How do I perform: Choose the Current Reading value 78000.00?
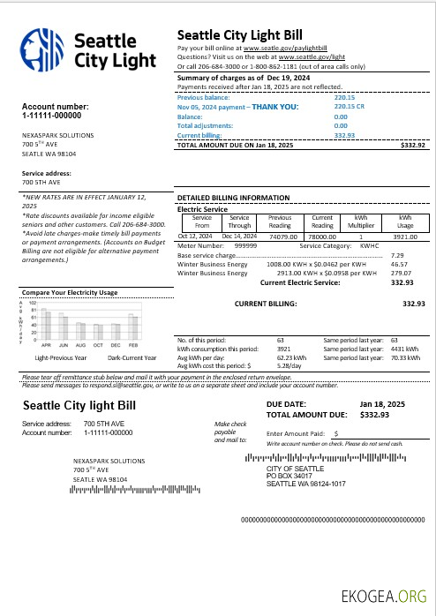point(322,236)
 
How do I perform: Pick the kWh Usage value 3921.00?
point(405,236)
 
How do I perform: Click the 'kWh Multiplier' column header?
point(361,220)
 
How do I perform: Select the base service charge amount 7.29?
point(397,254)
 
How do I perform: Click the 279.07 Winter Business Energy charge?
point(402,273)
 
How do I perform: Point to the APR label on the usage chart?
point(46,344)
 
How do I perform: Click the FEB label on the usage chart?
point(134,344)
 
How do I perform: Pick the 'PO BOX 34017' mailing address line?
point(291,477)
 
